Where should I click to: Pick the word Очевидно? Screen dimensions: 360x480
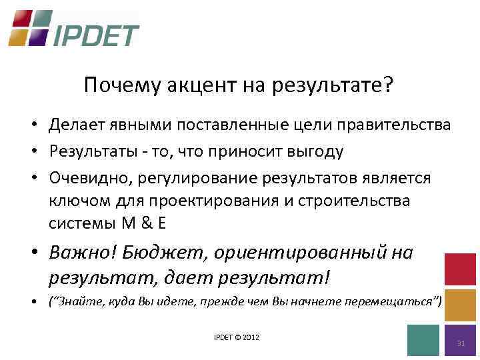[x=84, y=179]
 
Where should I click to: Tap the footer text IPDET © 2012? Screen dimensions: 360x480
[x=237, y=337]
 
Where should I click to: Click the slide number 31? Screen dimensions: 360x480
[x=460, y=343]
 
